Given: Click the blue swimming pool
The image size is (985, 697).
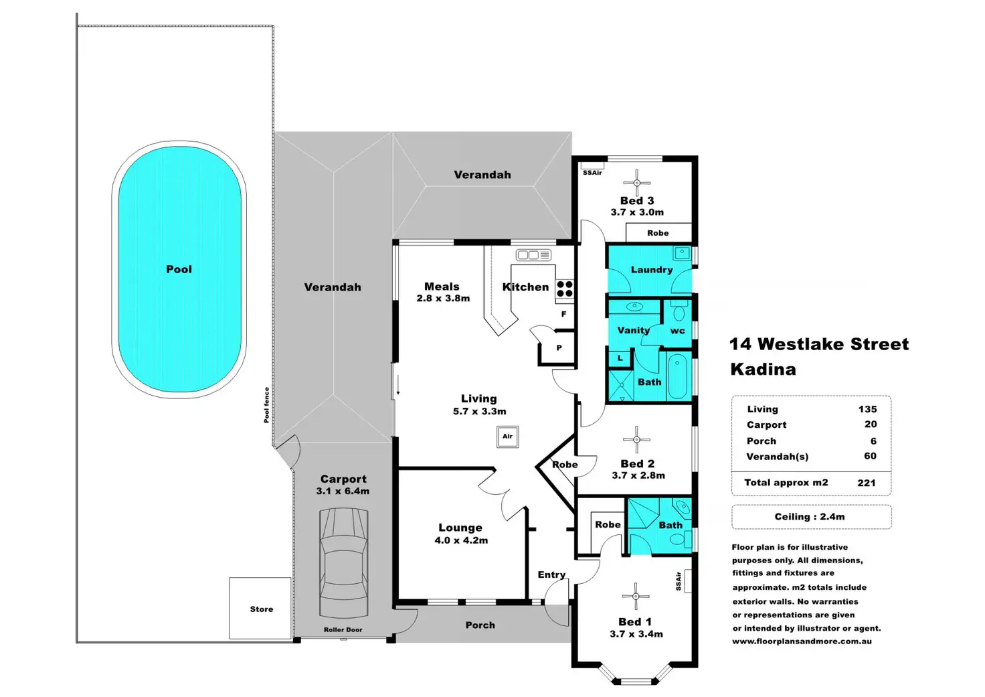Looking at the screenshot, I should click(x=179, y=269).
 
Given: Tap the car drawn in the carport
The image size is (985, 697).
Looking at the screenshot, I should click(x=344, y=562).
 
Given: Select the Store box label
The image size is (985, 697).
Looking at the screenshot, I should click(x=262, y=609).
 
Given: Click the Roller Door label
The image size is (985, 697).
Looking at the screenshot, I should click(x=343, y=630).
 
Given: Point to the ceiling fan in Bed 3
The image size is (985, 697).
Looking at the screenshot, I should click(x=637, y=182).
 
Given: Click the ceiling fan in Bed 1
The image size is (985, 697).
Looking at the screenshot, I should click(x=635, y=596).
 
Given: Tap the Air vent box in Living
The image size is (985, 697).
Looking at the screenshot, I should click(x=508, y=437).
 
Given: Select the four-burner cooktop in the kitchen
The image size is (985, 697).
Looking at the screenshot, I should click(x=565, y=289).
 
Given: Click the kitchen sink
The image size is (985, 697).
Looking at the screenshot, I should click(x=533, y=255).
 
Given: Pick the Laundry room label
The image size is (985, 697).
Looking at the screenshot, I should click(x=652, y=270).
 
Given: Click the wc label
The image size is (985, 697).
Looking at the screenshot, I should click(x=678, y=331).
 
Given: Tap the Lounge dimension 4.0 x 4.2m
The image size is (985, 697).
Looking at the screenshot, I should click(x=461, y=540).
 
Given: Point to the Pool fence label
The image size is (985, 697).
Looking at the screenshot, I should click(x=267, y=405).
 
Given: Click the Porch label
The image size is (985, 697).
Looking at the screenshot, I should click(x=480, y=625).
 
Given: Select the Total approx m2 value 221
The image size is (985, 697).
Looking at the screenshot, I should click(x=867, y=483).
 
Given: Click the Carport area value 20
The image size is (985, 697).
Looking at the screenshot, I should click(x=871, y=424).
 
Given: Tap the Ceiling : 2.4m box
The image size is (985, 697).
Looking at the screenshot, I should click(x=810, y=517).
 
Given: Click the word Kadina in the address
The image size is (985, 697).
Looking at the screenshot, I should click(x=763, y=370).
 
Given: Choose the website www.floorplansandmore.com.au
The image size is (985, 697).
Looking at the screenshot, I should click(x=802, y=641).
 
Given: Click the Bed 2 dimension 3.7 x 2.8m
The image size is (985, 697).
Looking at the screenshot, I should click(x=638, y=475).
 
